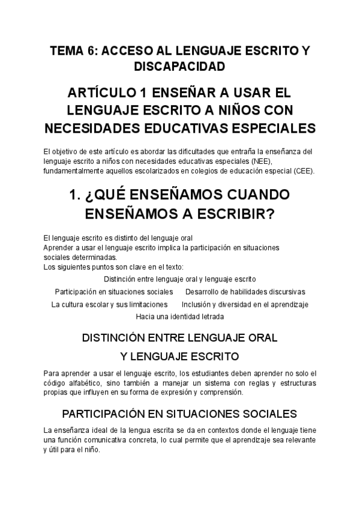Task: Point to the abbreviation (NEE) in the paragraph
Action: pyautogui.click(x=260, y=161)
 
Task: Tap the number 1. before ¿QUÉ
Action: pyautogui.click(x=76, y=196)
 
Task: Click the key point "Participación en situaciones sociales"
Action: pyautogui.click(x=114, y=292)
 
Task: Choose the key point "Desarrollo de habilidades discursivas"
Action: pyautogui.click(x=245, y=292)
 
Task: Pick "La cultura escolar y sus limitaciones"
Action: pyautogui.click(x=109, y=304)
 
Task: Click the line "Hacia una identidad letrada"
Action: pyautogui.click(x=179, y=316)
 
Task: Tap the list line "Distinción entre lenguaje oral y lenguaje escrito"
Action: pyautogui.click(x=179, y=279)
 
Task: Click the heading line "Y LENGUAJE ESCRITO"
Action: pyautogui.click(x=179, y=356)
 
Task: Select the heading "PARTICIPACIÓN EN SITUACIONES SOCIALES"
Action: pyautogui.click(x=179, y=414)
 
